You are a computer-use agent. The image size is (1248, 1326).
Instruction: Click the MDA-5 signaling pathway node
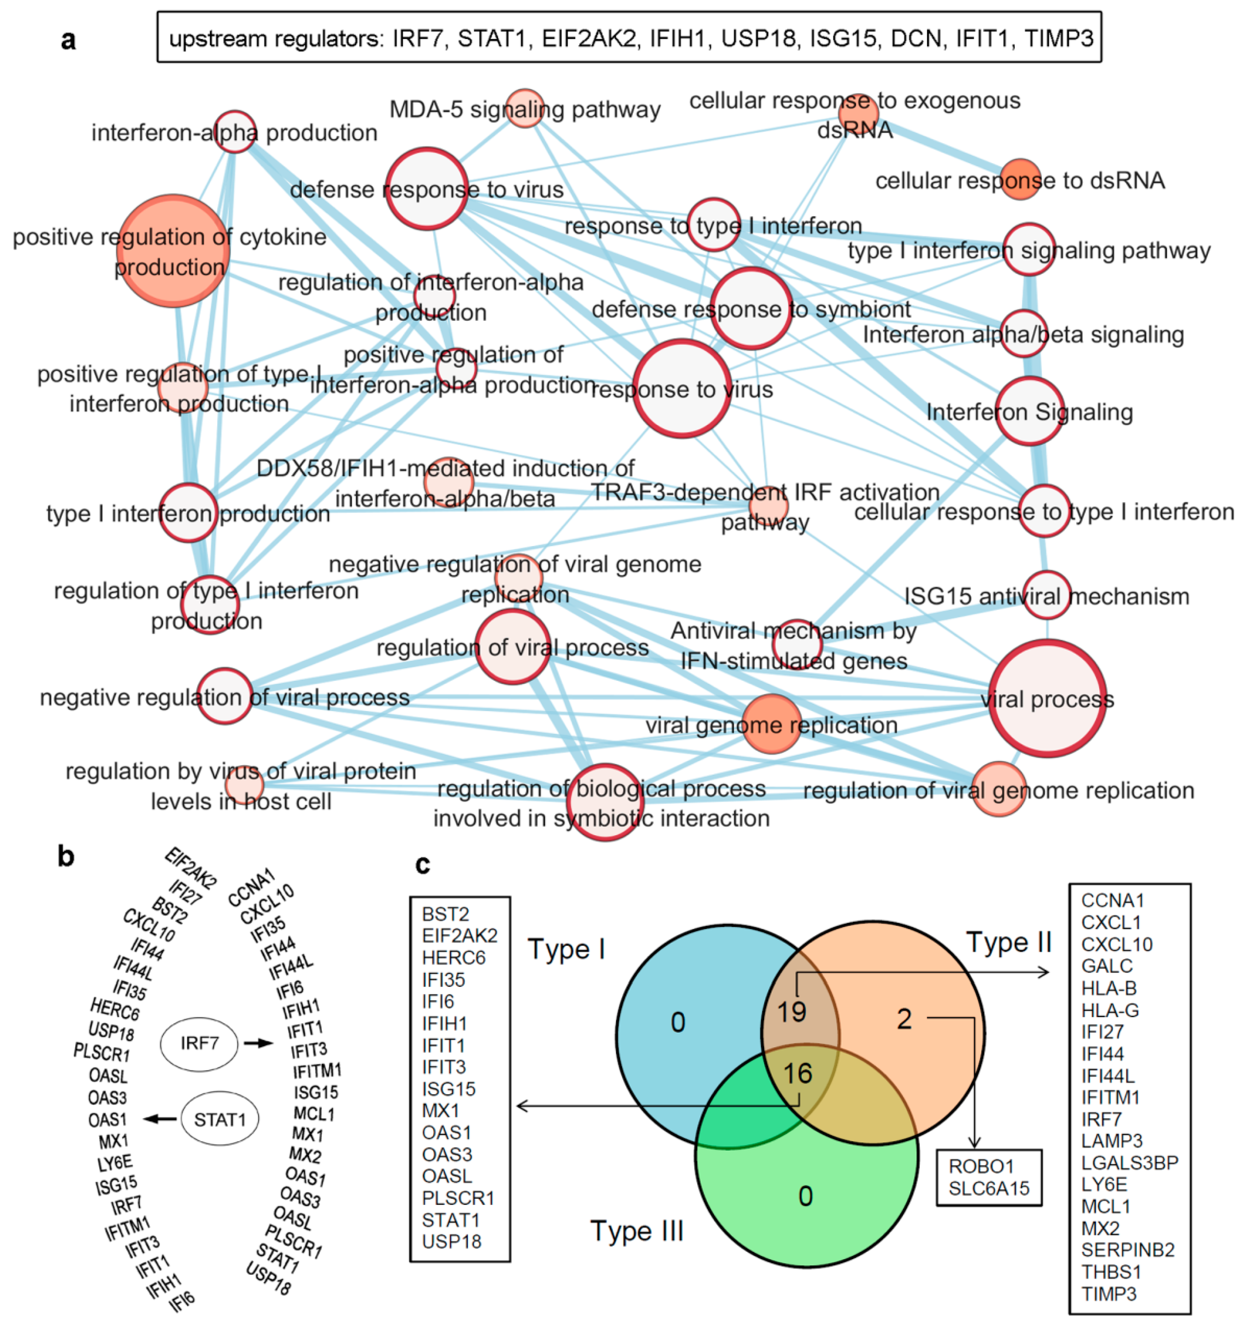tap(525, 108)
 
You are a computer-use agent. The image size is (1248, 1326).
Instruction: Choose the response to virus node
tap(682, 389)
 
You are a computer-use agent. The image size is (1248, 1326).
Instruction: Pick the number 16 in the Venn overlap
tap(797, 1073)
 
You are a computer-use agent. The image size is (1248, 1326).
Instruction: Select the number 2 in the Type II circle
tap(904, 1019)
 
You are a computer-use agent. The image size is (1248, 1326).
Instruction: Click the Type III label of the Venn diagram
tap(637, 1230)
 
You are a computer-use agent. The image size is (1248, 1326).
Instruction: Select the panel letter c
tap(423, 864)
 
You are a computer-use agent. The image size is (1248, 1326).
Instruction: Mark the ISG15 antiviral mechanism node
tap(1046, 595)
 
